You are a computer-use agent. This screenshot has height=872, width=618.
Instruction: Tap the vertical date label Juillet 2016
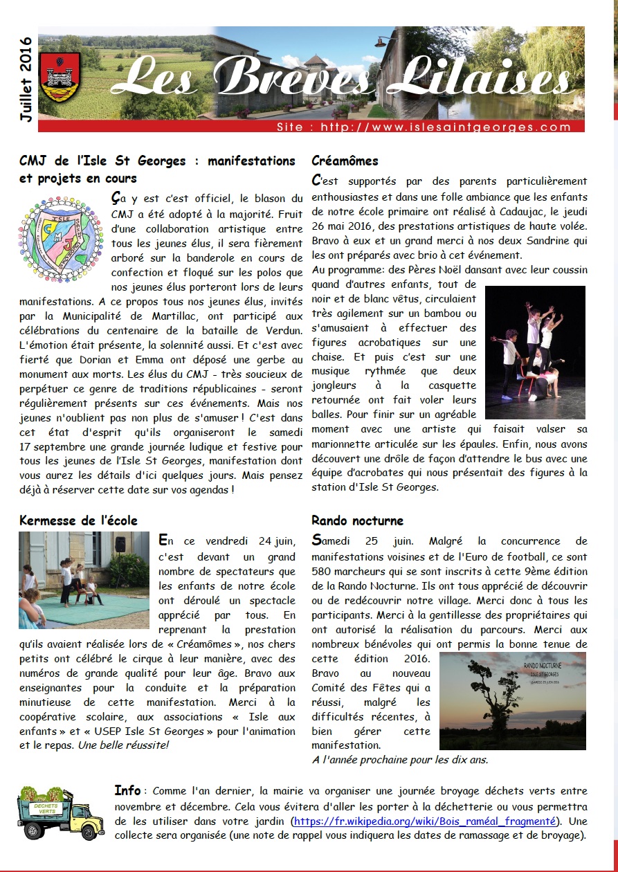point(26,80)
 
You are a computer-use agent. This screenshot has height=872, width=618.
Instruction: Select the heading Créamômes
point(345,161)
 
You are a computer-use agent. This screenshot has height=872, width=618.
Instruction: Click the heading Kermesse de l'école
point(78,520)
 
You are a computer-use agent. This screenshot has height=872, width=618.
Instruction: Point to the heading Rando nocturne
point(357,520)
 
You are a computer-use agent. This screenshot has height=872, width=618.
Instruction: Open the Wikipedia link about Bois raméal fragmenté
point(424,821)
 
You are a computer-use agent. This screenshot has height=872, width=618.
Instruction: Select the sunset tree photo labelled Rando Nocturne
point(512,700)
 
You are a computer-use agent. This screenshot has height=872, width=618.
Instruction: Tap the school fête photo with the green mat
point(84,579)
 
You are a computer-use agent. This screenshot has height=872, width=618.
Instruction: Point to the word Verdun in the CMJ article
point(273,325)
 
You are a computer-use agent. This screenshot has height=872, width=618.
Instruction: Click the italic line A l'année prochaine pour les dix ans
point(399,759)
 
